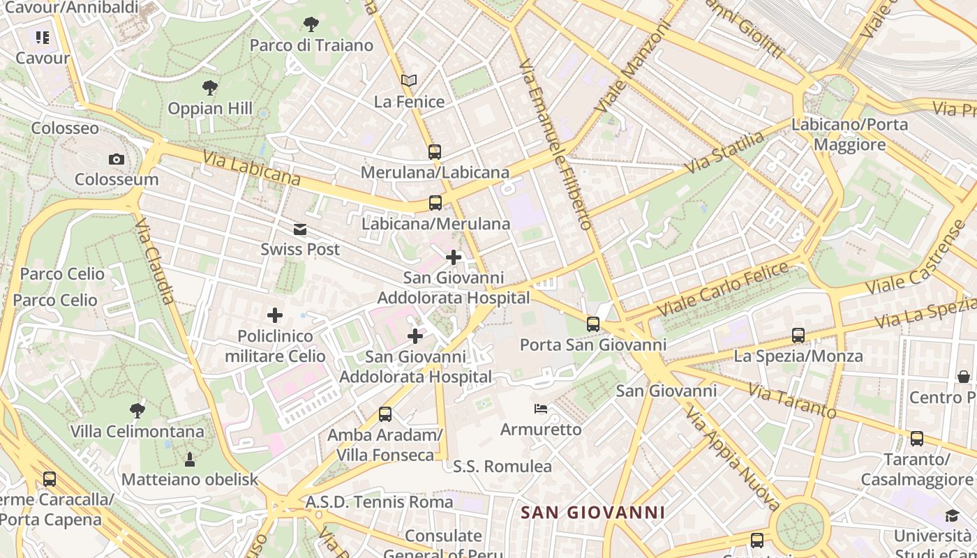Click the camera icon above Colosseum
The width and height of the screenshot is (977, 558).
click(117, 160)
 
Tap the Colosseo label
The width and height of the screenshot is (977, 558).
click(65, 128)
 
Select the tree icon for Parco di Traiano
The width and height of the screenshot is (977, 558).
click(311, 25)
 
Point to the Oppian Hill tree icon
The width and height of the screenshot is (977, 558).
click(209, 88)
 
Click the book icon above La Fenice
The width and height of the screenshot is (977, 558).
click(409, 81)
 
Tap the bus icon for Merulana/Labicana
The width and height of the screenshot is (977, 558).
click(435, 151)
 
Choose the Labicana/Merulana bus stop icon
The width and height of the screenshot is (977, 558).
click(435, 203)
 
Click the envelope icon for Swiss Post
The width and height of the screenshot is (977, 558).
click(300, 229)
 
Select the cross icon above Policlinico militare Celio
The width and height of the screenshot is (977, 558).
click(275, 315)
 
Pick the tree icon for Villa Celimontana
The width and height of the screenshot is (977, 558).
click(137, 410)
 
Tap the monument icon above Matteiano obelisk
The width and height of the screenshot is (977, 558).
click(189, 459)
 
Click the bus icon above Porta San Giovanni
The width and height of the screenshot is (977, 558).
click(593, 324)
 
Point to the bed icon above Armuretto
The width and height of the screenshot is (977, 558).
click(541, 408)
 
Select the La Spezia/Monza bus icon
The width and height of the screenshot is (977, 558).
click(798, 335)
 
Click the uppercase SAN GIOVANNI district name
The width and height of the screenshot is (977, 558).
click(593, 513)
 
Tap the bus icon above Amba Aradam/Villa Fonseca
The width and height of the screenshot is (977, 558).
click(385, 414)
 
